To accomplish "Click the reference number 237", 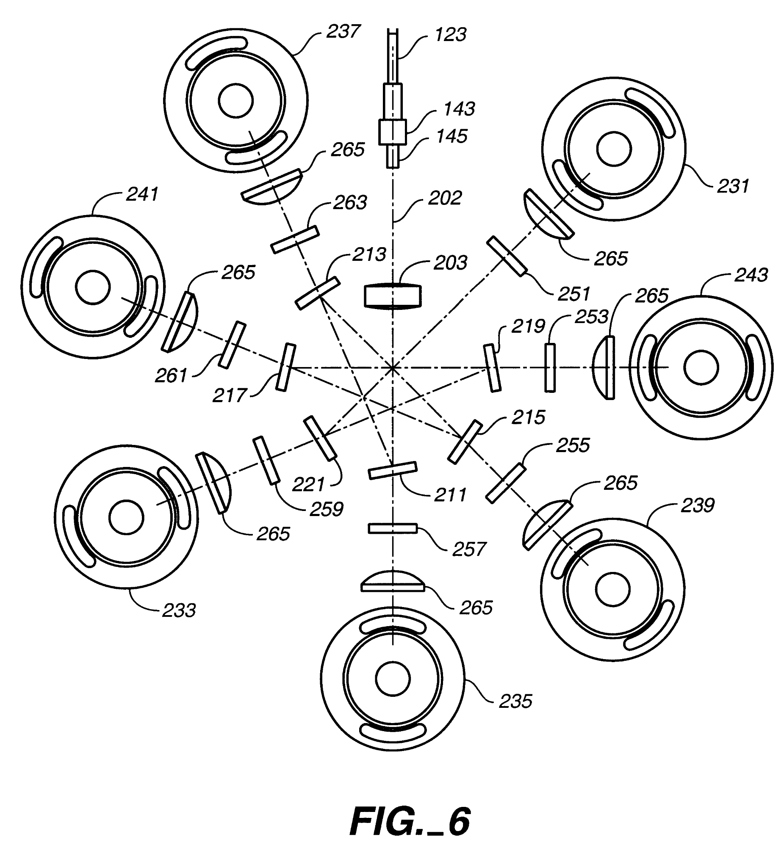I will click(x=343, y=32).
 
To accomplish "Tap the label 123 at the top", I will click(x=450, y=34).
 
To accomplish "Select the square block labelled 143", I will click(x=392, y=132).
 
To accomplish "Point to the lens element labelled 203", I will click(x=393, y=295).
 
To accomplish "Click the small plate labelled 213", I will click(x=318, y=293).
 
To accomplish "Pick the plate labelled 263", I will click(x=295, y=239).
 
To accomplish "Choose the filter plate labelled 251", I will click(x=507, y=256).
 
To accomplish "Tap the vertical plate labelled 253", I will click(x=550, y=367).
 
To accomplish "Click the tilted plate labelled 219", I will click(x=492, y=367).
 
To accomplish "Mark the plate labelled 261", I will click(x=232, y=345).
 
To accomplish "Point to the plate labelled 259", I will click(x=266, y=460).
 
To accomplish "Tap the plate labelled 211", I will click(x=392, y=470).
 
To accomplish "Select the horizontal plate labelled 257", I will click(x=392, y=528).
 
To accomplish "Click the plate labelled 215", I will click(x=465, y=442).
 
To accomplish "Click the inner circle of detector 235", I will click(x=393, y=678).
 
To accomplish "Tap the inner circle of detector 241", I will click(x=93, y=287).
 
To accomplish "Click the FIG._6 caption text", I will click(x=410, y=822).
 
